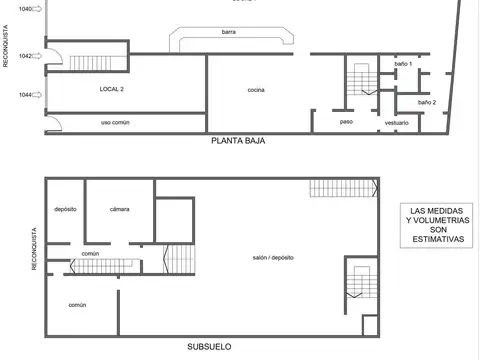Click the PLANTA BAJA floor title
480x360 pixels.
point(238,141)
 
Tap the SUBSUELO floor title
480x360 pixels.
point(210,347)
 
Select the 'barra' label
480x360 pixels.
point(229,33)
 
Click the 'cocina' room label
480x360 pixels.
point(256,90)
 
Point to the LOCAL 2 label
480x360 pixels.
point(111,90)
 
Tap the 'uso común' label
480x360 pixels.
point(117,122)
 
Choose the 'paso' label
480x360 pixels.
point(346,122)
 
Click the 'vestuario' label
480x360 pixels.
point(396,122)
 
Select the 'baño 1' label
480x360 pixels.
point(403,64)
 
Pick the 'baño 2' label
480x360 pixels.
point(427,102)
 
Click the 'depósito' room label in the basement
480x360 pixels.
point(65,209)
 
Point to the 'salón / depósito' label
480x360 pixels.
point(272,258)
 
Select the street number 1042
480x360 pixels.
point(25,56)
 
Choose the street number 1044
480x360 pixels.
point(25,95)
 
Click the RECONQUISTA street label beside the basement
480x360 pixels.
point(35,254)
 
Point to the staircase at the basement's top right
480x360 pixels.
point(342,187)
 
